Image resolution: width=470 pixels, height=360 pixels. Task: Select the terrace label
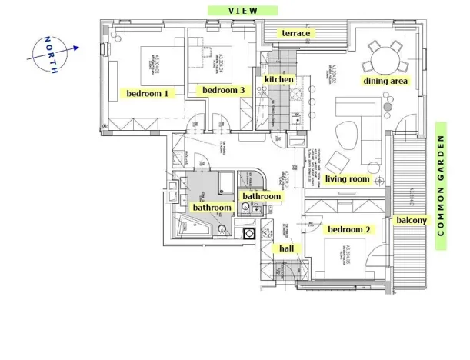(x=296, y=33)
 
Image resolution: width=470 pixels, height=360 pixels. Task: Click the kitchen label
(x=278, y=79)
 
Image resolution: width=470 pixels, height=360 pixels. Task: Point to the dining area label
(x=385, y=80)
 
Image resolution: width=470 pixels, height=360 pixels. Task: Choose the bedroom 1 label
(x=148, y=93)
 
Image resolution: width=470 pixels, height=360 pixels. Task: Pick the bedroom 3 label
(x=223, y=90)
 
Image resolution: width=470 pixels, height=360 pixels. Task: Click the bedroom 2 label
(x=349, y=229)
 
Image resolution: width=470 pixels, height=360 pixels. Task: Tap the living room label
(x=348, y=179)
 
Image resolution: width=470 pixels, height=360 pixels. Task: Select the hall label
(x=286, y=248)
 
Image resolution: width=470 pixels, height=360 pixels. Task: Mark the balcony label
(x=412, y=220)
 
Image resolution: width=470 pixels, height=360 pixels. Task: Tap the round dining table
(x=385, y=55)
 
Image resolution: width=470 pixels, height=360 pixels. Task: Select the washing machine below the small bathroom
(x=249, y=233)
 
